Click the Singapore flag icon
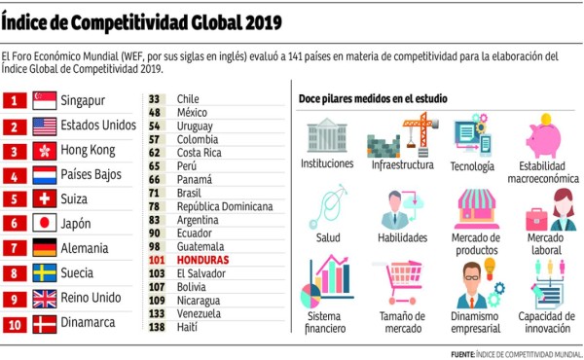click(45, 100)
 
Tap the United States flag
click(45, 126)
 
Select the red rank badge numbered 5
click(15, 198)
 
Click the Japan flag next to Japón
click(45, 224)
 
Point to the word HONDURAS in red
click(203, 261)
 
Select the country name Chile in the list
click(188, 98)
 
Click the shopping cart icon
click(402, 282)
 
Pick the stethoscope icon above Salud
click(326, 206)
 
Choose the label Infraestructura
click(403, 164)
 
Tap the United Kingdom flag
click(45, 299)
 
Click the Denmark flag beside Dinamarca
click(45, 323)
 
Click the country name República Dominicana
click(225, 206)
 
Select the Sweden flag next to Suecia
click(45, 273)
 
